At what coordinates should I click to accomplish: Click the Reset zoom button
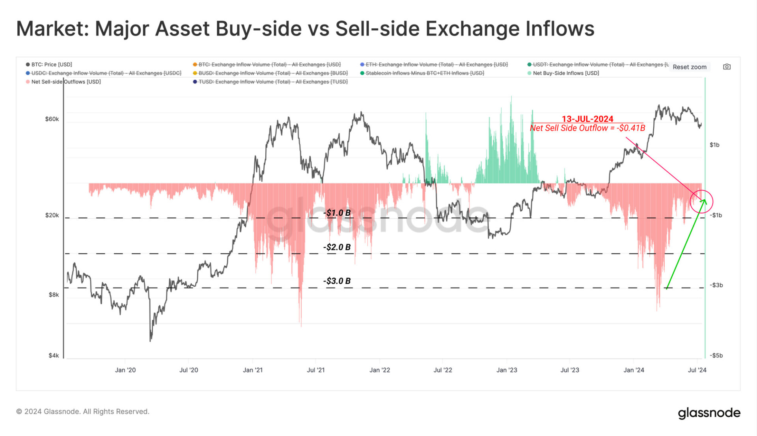689,67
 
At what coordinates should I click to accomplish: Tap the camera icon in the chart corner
727,67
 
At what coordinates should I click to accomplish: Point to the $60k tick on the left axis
52,119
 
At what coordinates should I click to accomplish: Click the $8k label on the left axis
54,294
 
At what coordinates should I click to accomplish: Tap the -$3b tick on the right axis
716,285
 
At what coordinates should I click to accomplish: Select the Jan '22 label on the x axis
379,370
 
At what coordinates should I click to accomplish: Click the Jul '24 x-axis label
697,370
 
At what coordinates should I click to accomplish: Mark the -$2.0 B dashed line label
337,247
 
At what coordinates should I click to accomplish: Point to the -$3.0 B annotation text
337,281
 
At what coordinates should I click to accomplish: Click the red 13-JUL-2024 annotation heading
587,119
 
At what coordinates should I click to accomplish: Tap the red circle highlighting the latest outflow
701,201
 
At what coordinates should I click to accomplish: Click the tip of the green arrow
705,200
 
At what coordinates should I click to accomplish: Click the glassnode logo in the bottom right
709,412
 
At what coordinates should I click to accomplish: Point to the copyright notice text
83,412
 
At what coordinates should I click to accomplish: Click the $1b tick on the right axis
714,145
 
